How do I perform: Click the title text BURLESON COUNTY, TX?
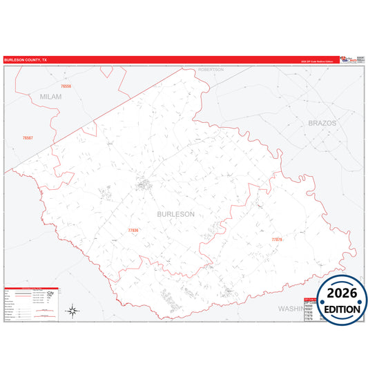(26, 60)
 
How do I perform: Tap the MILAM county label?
(50, 97)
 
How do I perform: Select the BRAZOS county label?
(322, 122)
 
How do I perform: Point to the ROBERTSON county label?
(211, 70)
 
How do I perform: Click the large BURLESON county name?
(176, 214)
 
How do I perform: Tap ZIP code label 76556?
(66, 87)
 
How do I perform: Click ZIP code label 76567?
(27, 137)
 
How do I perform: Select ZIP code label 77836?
(133, 230)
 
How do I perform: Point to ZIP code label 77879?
(277, 240)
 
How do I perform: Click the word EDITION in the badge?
(342, 309)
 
